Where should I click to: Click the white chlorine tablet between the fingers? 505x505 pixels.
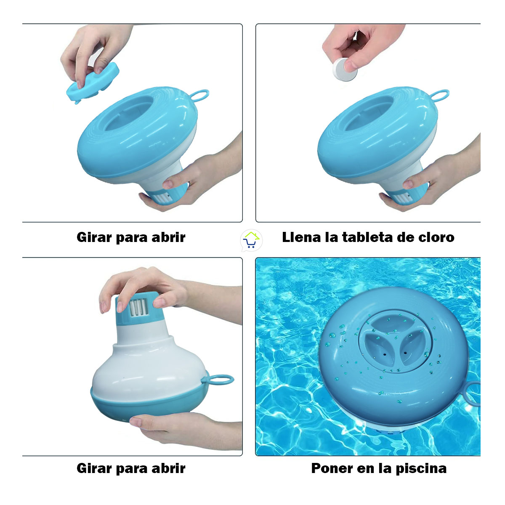(x=345, y=69)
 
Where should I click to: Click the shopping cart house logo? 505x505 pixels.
(x=251, y=241)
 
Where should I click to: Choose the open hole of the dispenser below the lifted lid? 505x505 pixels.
(x=128, y=112)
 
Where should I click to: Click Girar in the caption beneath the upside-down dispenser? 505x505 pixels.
(x=94, y=468)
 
